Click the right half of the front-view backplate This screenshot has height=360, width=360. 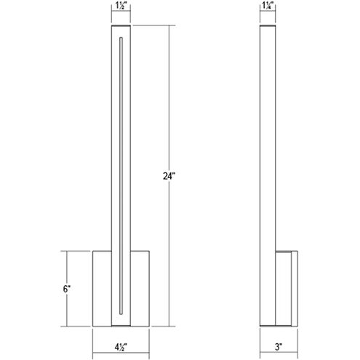pos(140,288)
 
